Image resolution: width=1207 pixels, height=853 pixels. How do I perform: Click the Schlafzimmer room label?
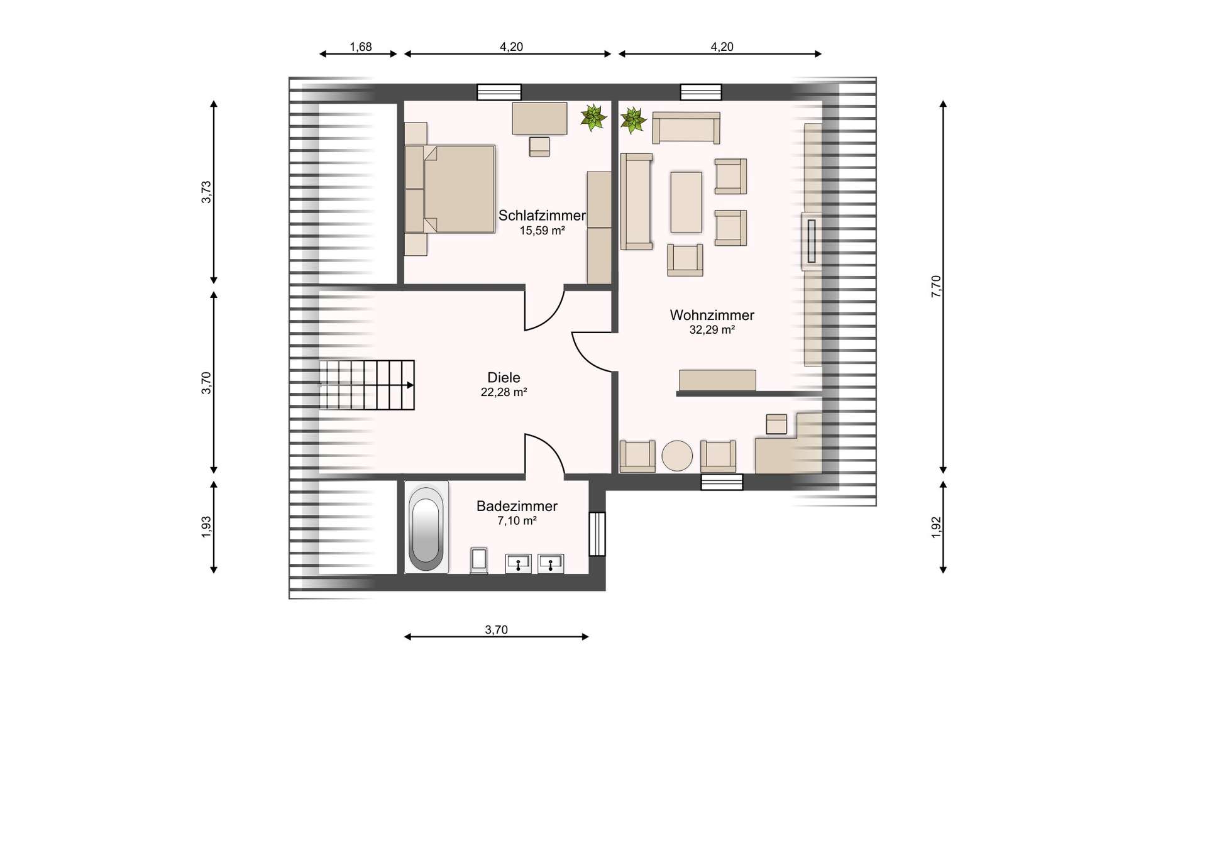coord(542,216)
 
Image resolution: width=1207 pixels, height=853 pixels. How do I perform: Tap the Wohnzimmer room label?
coord(712,315)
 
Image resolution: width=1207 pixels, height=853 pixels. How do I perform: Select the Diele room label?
coord(504,377)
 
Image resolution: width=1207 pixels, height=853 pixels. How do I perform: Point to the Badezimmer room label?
coord(517,506)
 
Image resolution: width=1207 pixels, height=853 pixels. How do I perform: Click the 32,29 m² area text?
coord(712,330)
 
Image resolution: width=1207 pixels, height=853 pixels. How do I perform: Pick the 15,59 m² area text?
coord(542,231)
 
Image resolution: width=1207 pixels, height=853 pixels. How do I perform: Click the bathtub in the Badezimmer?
coord(426,527)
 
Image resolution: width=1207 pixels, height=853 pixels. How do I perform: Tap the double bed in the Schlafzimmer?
coord(450,189)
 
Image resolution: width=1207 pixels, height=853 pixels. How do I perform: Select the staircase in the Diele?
coord(367,385)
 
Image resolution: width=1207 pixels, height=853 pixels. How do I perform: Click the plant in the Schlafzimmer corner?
coord(593,118)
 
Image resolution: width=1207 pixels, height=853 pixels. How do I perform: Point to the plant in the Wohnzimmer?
coord(633,121)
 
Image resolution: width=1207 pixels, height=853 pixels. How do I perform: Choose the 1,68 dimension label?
coord(361,47)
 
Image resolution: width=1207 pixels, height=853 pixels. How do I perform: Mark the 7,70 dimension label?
coord(936,286)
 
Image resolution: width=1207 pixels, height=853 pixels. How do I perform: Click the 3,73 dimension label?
coord(206,192)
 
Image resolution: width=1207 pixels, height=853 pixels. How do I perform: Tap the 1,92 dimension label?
coord(936,527)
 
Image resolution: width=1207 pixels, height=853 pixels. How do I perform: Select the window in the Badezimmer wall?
coord(597,534)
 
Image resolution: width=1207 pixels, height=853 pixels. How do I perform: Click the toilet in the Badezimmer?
coord(480,561)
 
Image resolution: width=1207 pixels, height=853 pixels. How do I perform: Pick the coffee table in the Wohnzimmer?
coord(686,202)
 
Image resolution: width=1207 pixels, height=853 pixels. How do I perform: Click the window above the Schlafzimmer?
coord(499,92)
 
